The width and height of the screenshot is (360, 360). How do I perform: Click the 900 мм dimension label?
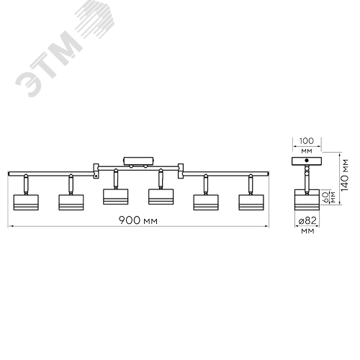pos(138,220)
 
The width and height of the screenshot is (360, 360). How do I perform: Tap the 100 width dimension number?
pos(307,141)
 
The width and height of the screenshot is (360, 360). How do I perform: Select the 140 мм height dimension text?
pos(344,175)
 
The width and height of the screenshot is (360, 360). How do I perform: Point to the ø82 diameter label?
pos(307,220)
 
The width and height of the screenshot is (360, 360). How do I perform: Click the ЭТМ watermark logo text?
pos(49,65)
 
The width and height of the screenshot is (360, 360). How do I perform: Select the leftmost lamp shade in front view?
pos(26,202)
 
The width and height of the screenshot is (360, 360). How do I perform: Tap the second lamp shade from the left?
pos(71,202)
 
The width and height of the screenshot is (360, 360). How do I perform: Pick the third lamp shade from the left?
pos(116,197)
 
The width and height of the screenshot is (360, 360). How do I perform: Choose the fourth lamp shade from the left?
pos(161,197)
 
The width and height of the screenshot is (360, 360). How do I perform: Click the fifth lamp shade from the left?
pos(206,202)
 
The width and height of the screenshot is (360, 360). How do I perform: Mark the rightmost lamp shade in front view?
pos(251,202)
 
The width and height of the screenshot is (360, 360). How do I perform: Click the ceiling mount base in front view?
pos(138,161)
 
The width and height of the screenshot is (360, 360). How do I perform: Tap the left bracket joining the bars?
pos(96,171)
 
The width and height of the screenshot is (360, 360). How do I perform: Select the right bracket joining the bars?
pos(181,171)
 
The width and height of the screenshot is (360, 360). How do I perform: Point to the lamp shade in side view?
pos(307,199)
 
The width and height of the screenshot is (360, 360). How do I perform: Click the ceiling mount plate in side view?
pos(307,161)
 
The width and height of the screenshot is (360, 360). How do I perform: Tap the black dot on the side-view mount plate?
pos(307,161)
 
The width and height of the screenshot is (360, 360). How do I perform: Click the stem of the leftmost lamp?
pos(26,184)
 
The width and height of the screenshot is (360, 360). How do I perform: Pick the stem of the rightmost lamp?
pos(251,184)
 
